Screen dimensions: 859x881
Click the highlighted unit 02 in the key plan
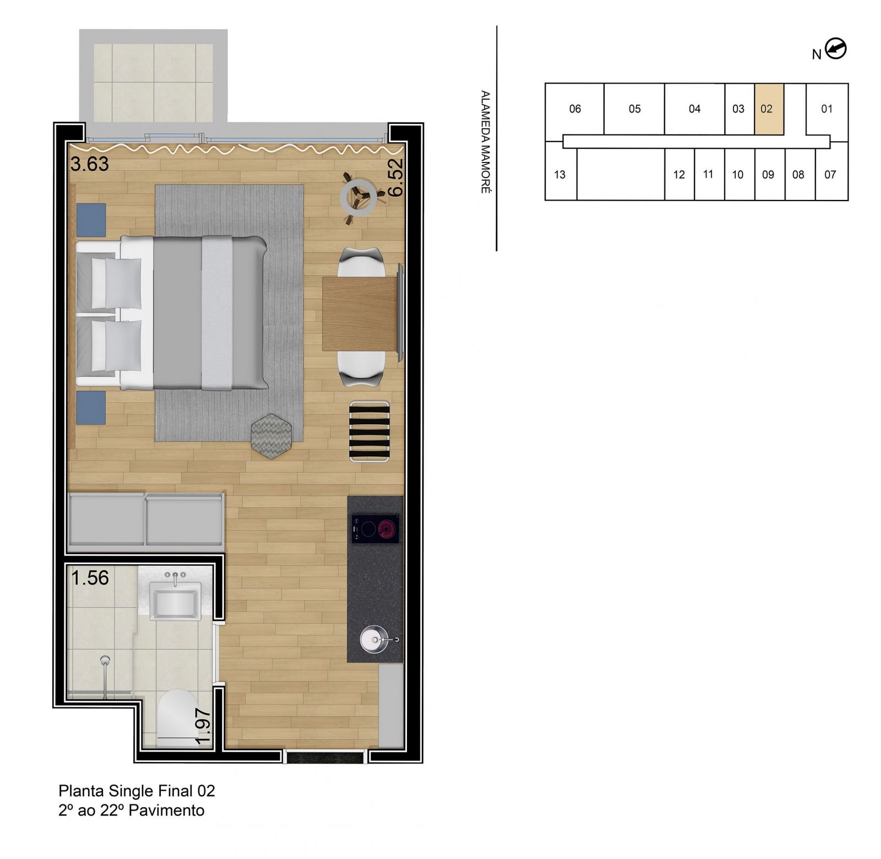pos(769,109)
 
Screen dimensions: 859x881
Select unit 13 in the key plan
pos(560,175)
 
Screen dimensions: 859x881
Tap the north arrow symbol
pos(836,49)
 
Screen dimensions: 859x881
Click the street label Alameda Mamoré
pos(485,142)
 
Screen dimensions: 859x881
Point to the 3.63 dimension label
pos(90,164)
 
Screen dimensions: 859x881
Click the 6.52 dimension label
pos(395,177)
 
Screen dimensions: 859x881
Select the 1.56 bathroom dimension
pos(90,577)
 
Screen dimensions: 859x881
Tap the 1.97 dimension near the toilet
pos(203,726)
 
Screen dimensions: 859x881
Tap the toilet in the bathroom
pos(176,716)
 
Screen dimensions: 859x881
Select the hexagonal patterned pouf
pos(271,436)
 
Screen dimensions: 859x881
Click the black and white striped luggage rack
pos(370,431)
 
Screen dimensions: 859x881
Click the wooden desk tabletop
pos(359,313)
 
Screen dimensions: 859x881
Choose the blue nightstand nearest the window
pos(91,220)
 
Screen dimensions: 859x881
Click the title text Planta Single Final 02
pos(137,791)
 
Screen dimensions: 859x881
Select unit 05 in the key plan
pos(634,109)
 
